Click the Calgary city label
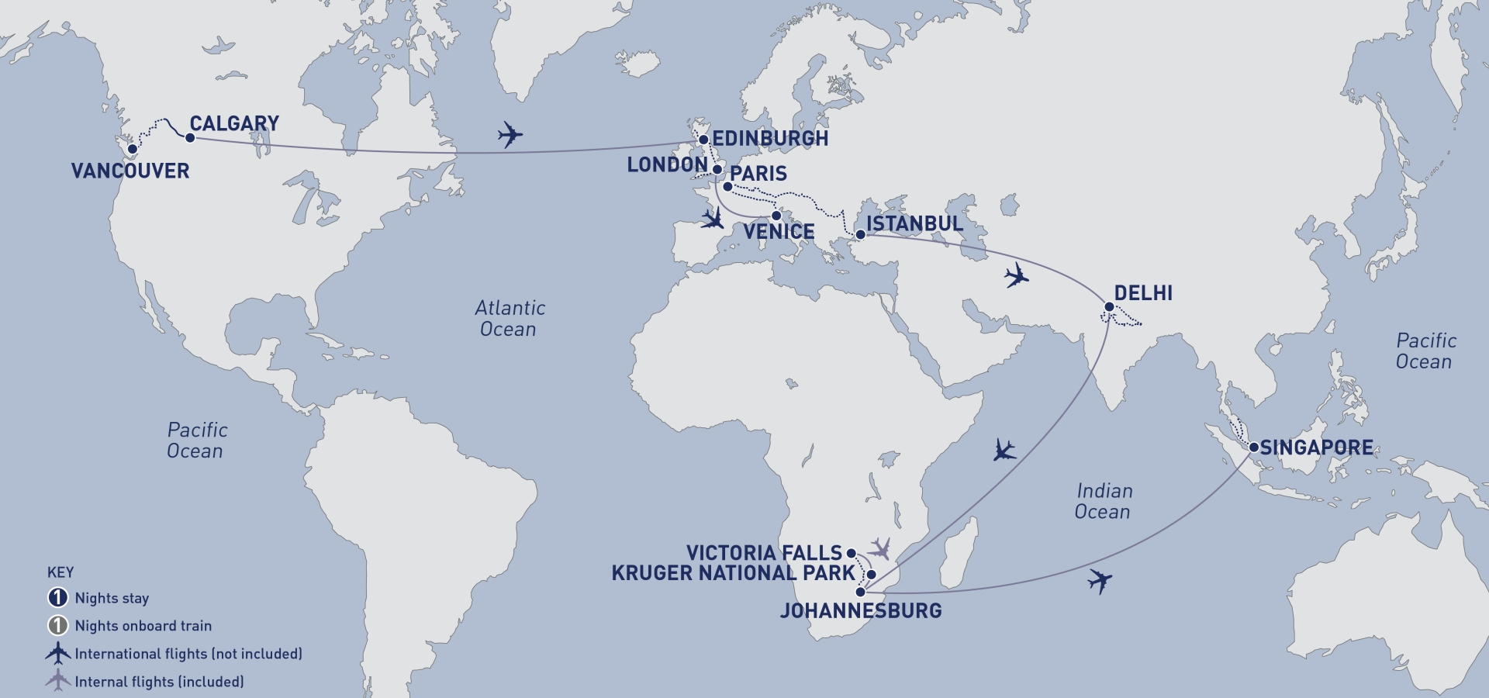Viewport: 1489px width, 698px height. (234, 124)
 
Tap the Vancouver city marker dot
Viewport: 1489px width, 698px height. (133, 149)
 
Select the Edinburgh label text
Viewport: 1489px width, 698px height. (769, 139)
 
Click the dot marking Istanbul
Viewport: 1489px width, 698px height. (860, 234)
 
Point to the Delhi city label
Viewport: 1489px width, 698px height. (1143, 293)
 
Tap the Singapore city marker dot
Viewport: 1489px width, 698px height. (1253, 447)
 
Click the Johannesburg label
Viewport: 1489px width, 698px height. (861, 611)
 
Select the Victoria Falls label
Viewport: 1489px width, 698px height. (764, 553)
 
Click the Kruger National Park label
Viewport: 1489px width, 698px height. (733, 573)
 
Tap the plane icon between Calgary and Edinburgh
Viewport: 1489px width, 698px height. (510, 134)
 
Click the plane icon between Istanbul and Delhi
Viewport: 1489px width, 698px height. (1016, 275)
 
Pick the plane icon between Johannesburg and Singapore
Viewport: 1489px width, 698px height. (1099, 580)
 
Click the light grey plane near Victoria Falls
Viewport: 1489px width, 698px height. (879, 549)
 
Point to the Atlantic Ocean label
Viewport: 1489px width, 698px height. (510, 319)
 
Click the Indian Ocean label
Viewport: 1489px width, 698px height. (1104, 501)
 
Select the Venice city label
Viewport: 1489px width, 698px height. (779, 232)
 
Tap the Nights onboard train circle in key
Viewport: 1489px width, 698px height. (58, 626)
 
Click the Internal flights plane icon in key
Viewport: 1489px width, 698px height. (57, 681)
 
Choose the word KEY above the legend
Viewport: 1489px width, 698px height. (60, 572)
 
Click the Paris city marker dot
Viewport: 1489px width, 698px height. (727, 187)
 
